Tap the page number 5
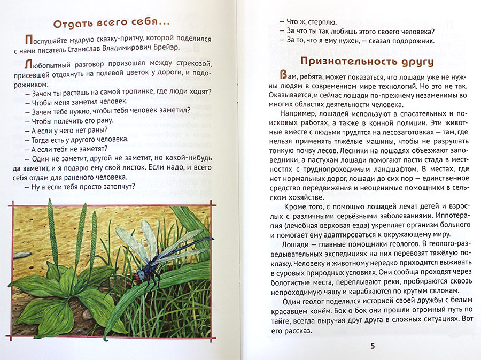[x=373, y=346]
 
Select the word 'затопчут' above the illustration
[x=116, y=187]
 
